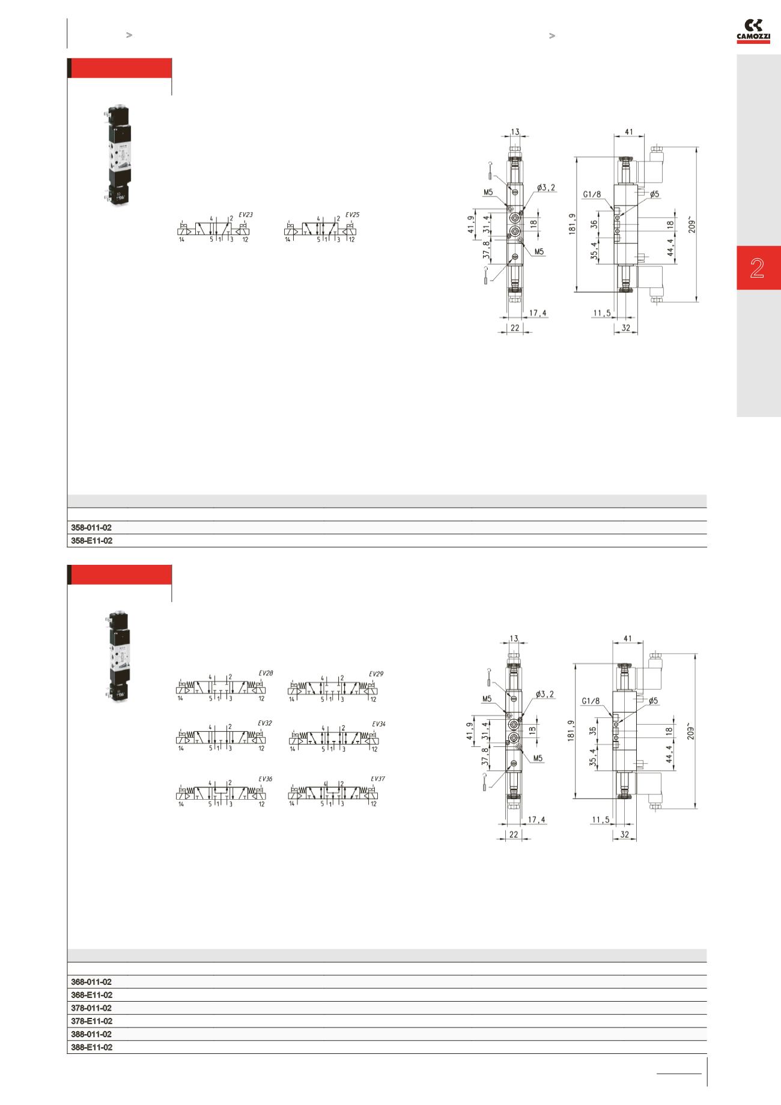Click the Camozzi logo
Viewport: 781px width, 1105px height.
coord(753,32)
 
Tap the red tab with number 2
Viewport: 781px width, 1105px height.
coord(758,268)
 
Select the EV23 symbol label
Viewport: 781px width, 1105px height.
coord(245,215)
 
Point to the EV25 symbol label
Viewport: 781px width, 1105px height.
coord(352,215)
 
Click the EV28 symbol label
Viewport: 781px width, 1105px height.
coord(265,673)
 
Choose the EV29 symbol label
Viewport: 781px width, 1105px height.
coord(375,674)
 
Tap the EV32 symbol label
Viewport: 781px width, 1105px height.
coord(265,723)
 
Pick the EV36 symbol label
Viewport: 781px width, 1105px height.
coord(265,779)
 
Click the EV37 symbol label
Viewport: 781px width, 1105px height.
coord(377,779)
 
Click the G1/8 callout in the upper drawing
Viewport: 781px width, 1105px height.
coord(592,195)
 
